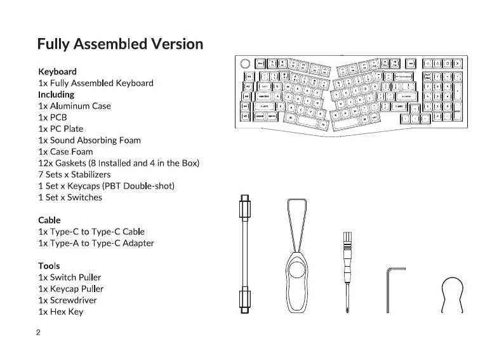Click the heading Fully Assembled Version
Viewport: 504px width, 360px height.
(120, 44)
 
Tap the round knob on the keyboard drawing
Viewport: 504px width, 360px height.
(245, 63)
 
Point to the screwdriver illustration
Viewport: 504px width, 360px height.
(347, 267)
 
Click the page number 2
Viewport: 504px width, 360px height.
(39, 333)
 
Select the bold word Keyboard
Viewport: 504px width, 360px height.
(57, 72)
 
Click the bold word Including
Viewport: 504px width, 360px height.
(56, 95)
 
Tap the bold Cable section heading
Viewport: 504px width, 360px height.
(50, 220)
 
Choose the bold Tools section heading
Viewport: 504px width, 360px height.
(49, 266)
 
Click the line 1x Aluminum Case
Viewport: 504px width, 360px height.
(74, 106)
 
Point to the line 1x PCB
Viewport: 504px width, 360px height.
(53, 117)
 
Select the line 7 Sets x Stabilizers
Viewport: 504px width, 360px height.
(74, 175)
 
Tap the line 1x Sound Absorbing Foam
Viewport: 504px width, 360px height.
(90, 140)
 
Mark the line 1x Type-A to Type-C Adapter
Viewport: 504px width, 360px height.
(96, 243)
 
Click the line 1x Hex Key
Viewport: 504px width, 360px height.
(60, 312)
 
